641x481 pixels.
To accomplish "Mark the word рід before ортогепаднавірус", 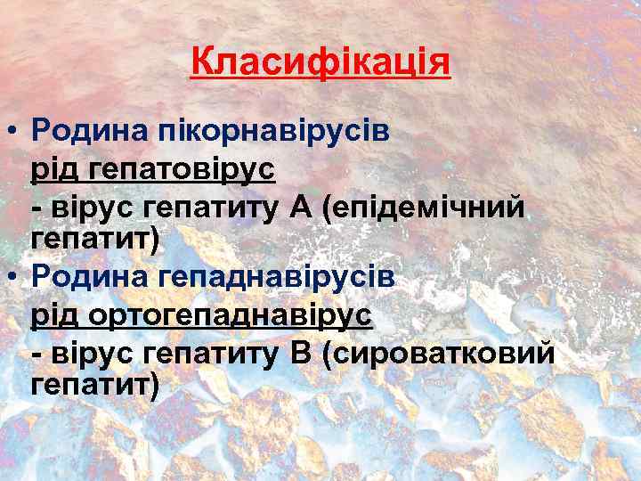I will point(54,315).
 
